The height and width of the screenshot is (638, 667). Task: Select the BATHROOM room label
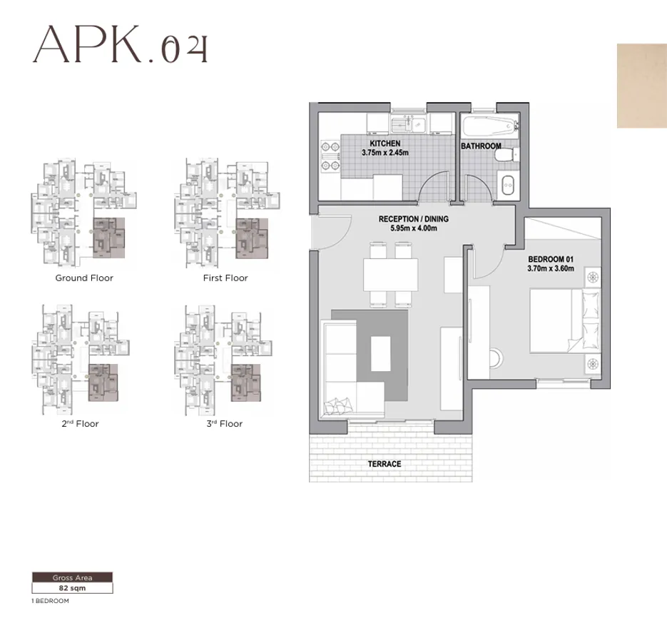[x=485, y=146]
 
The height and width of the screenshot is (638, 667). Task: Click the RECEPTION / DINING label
[x=414, y=219]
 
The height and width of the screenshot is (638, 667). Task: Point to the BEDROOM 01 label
[x=551, y=258]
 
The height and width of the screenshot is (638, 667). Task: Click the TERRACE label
[x=385, y=464]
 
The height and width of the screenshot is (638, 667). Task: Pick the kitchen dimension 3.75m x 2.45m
[x=385, y=153]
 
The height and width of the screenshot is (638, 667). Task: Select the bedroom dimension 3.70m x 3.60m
[x=551, y=268]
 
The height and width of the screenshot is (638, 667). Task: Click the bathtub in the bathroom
[x=489, y=128]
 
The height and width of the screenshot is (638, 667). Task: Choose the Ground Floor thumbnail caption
[x=84, y=278]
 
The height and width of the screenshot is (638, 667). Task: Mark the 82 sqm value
[x=71, y=589]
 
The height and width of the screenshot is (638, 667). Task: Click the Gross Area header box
[x=71, y=577]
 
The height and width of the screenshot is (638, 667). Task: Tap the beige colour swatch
[x=641, y=86]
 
